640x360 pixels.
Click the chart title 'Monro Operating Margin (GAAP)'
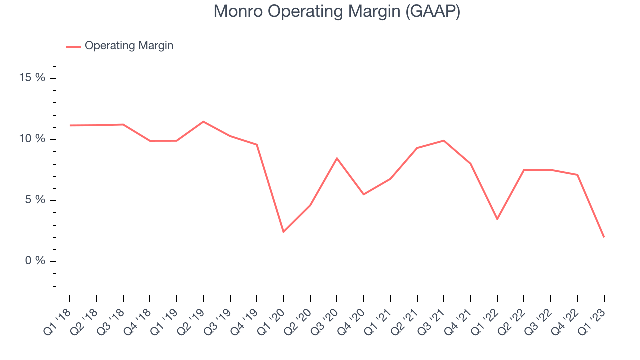pos(337,12)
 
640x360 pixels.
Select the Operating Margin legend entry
pos(119,46)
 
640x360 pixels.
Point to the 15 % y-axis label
pos(32,77)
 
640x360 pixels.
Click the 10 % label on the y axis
pos(32,139)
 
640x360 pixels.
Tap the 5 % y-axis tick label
pos(35,200)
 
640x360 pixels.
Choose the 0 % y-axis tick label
pos(35,261)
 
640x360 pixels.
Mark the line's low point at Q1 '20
pos(283,232)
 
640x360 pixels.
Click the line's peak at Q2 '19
pos(203,122)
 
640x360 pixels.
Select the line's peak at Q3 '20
pos(337,158)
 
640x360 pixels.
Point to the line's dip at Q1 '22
pos(497,219)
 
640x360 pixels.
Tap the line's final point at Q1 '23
pos(604,237)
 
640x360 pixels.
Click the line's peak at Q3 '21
pos(444,141)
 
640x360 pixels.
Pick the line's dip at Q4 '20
pos(363,194)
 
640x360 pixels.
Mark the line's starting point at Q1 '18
pos(70,125)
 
